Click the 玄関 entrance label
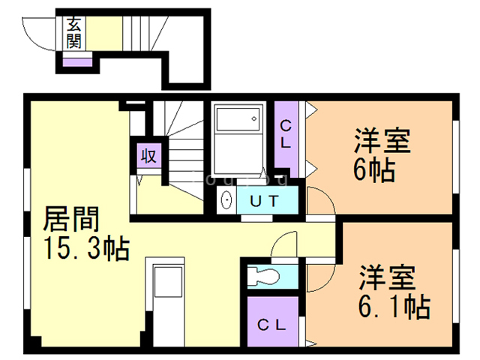(x=73, y=32)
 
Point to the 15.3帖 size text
(x=86, y=247)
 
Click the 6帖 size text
(x=374, y=170)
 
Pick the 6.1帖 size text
(x=390, y=305)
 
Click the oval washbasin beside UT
(x=226, y=200)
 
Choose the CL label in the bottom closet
(x=271, y=324)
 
